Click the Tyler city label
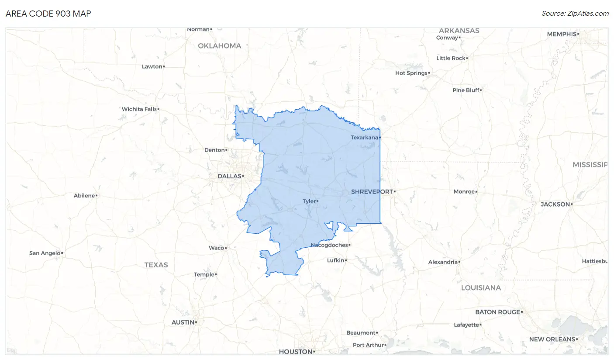(309, 201)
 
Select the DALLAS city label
(230, 177)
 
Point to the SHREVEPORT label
(372, 191)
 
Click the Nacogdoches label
(329, 245)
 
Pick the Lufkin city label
(335, 260)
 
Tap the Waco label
(216, 248)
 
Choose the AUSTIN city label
(183, 322)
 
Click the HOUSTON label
(296, 352)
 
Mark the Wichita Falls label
(139, 109)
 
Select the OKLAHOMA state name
(220, 46)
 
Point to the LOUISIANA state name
(481, 288)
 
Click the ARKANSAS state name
(459, 31)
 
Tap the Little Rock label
(451, 58)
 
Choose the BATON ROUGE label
(498, 312)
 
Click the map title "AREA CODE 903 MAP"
(48, 14)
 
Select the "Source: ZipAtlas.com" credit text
(575, 14)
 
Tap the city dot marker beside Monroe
(476, 192)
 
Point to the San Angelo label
(45, 253)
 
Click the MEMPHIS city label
(562, 34)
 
